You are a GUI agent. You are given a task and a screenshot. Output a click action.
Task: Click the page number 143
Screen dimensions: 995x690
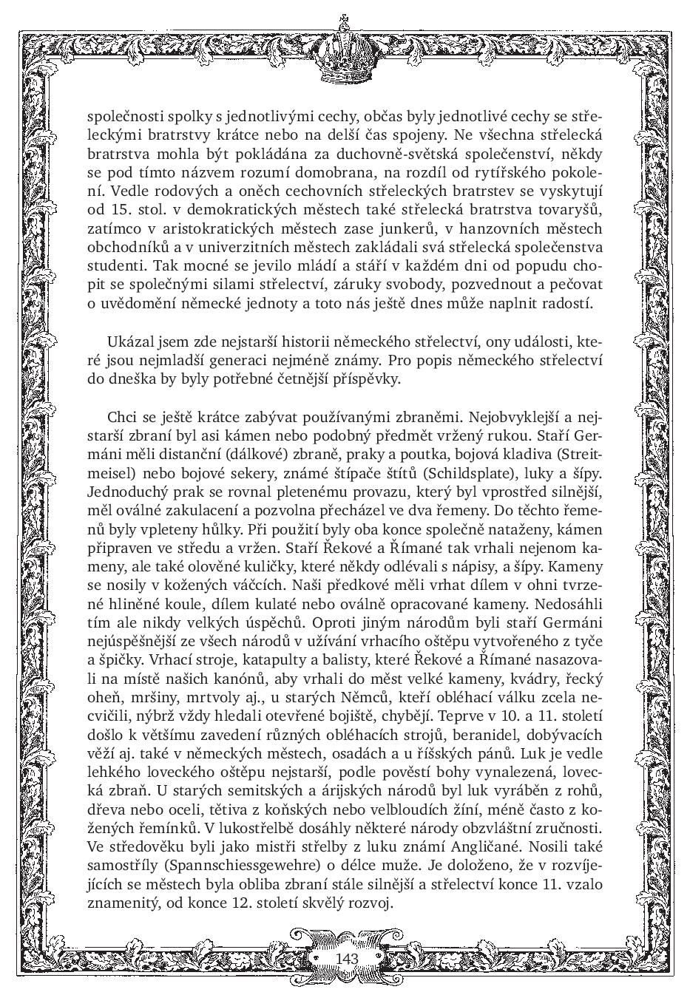point(346,958)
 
